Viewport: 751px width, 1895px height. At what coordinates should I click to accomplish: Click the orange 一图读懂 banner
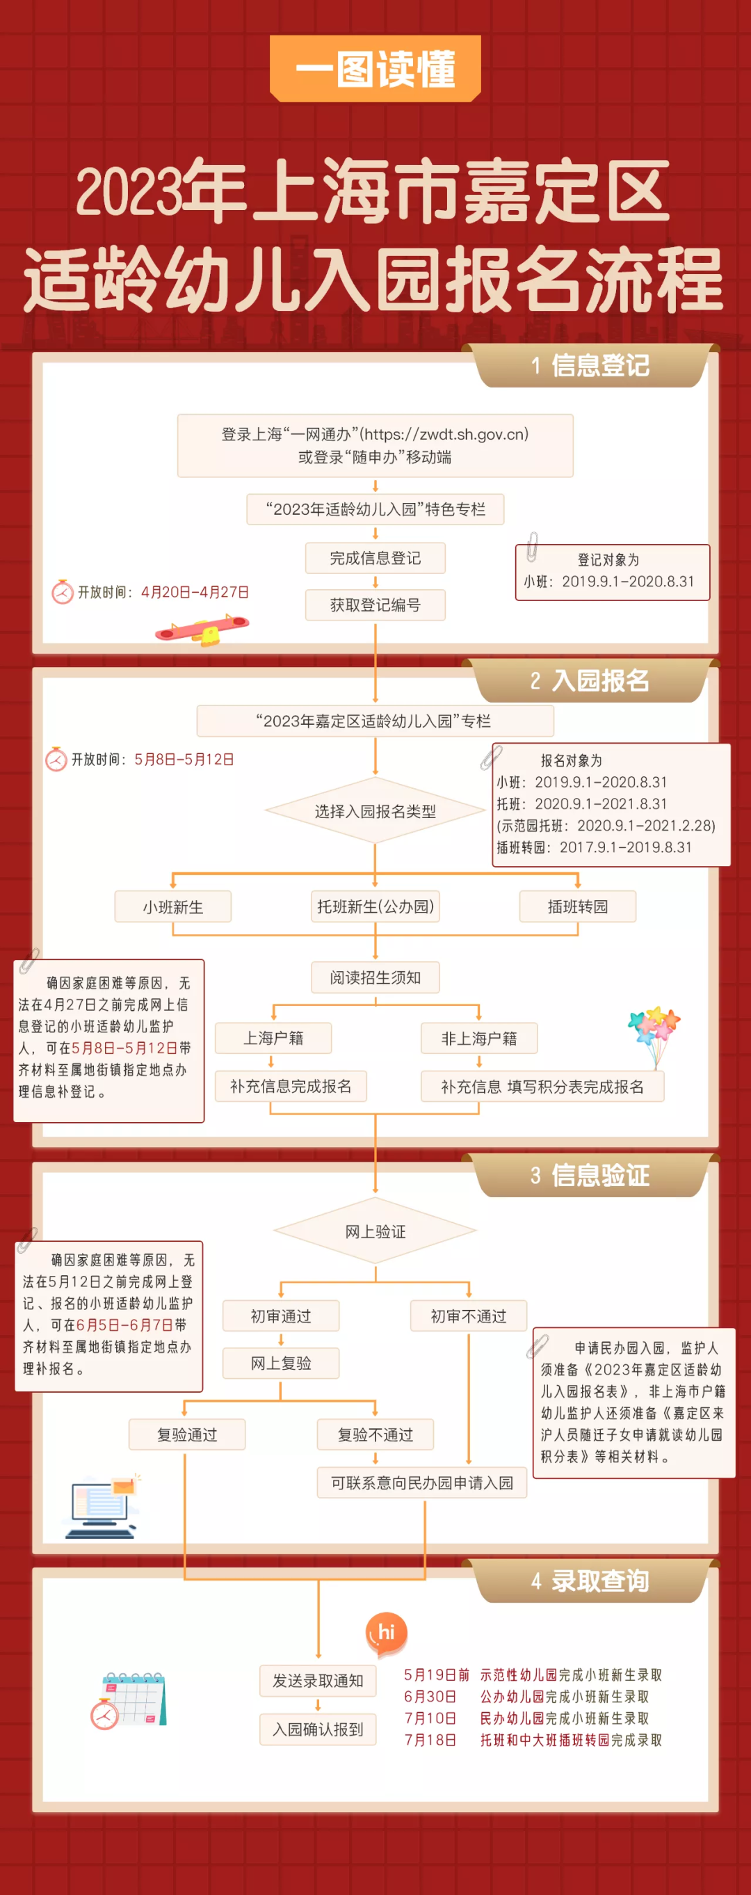[x=375, y=68]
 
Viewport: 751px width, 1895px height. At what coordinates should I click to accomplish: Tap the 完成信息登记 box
[x=375, y=558]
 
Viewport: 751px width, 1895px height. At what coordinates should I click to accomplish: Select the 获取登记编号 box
[x=375, y=605]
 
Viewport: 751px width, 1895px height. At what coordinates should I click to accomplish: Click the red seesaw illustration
[x=202, y=630]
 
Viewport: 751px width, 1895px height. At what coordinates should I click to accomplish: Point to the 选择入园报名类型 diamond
[x=375, y=810]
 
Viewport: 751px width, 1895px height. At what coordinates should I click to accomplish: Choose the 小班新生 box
[x=173, y=906]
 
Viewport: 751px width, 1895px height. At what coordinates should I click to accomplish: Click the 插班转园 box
[x=577, y=906]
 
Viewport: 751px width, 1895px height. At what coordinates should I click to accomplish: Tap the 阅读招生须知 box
[x=375, y=977]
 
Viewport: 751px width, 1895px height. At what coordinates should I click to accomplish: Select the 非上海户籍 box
[x=479, y=1038]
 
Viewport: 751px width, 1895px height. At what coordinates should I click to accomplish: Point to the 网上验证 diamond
[x=375, y=1231]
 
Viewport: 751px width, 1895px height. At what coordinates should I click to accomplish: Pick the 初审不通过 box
[x=469, y=1316]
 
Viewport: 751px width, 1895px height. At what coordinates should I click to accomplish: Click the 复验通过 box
[x=187, y=1434]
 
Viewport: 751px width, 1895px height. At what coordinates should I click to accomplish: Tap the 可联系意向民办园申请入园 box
[x=422, y=1482]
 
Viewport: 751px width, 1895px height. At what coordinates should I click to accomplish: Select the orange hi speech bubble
[x=386, y=1631]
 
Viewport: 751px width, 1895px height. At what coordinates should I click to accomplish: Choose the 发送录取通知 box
[x=318, y=1681]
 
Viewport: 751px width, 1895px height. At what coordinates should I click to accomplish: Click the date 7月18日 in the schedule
[x=430, y=1740]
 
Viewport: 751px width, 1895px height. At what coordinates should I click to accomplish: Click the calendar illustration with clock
[x=129, y=1700]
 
